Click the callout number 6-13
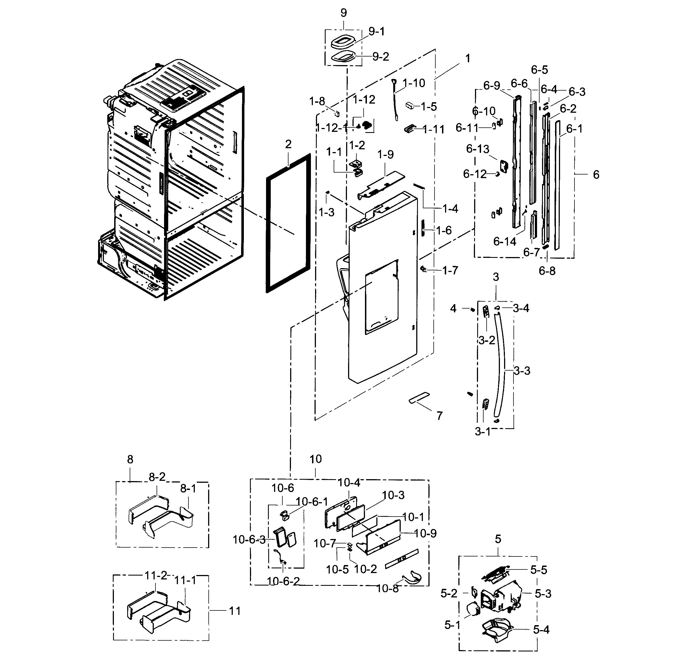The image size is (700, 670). point(477,149)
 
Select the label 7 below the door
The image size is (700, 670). point(439,415)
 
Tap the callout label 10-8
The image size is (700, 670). point(387,588)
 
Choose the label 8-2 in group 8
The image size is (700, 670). point(157,477)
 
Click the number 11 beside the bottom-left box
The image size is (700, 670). point(235,611)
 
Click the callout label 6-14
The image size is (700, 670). point(505,242)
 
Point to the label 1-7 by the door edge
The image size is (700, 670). point(450,271)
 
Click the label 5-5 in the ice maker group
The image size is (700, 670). point(538,570)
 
